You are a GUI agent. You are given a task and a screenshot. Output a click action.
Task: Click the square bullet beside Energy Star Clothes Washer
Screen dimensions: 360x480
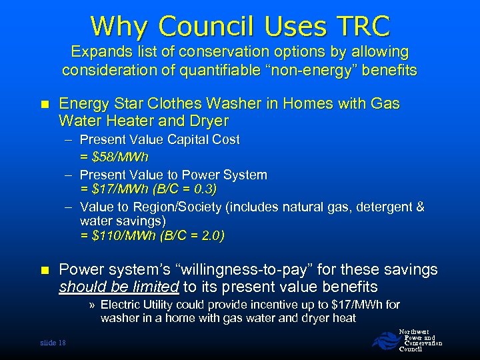(x=44, y=105)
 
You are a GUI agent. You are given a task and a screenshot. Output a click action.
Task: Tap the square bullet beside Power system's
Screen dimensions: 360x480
(x=44, y=271)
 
